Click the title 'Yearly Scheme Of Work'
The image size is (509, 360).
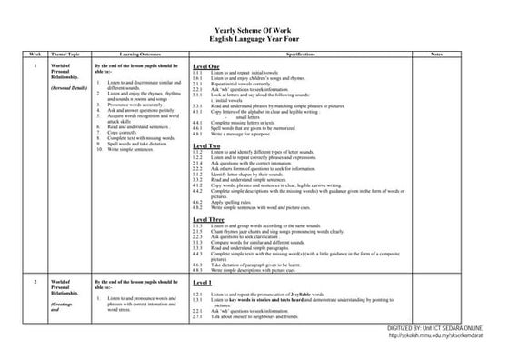coord(254,32)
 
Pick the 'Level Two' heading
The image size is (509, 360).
coord(207,145)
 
